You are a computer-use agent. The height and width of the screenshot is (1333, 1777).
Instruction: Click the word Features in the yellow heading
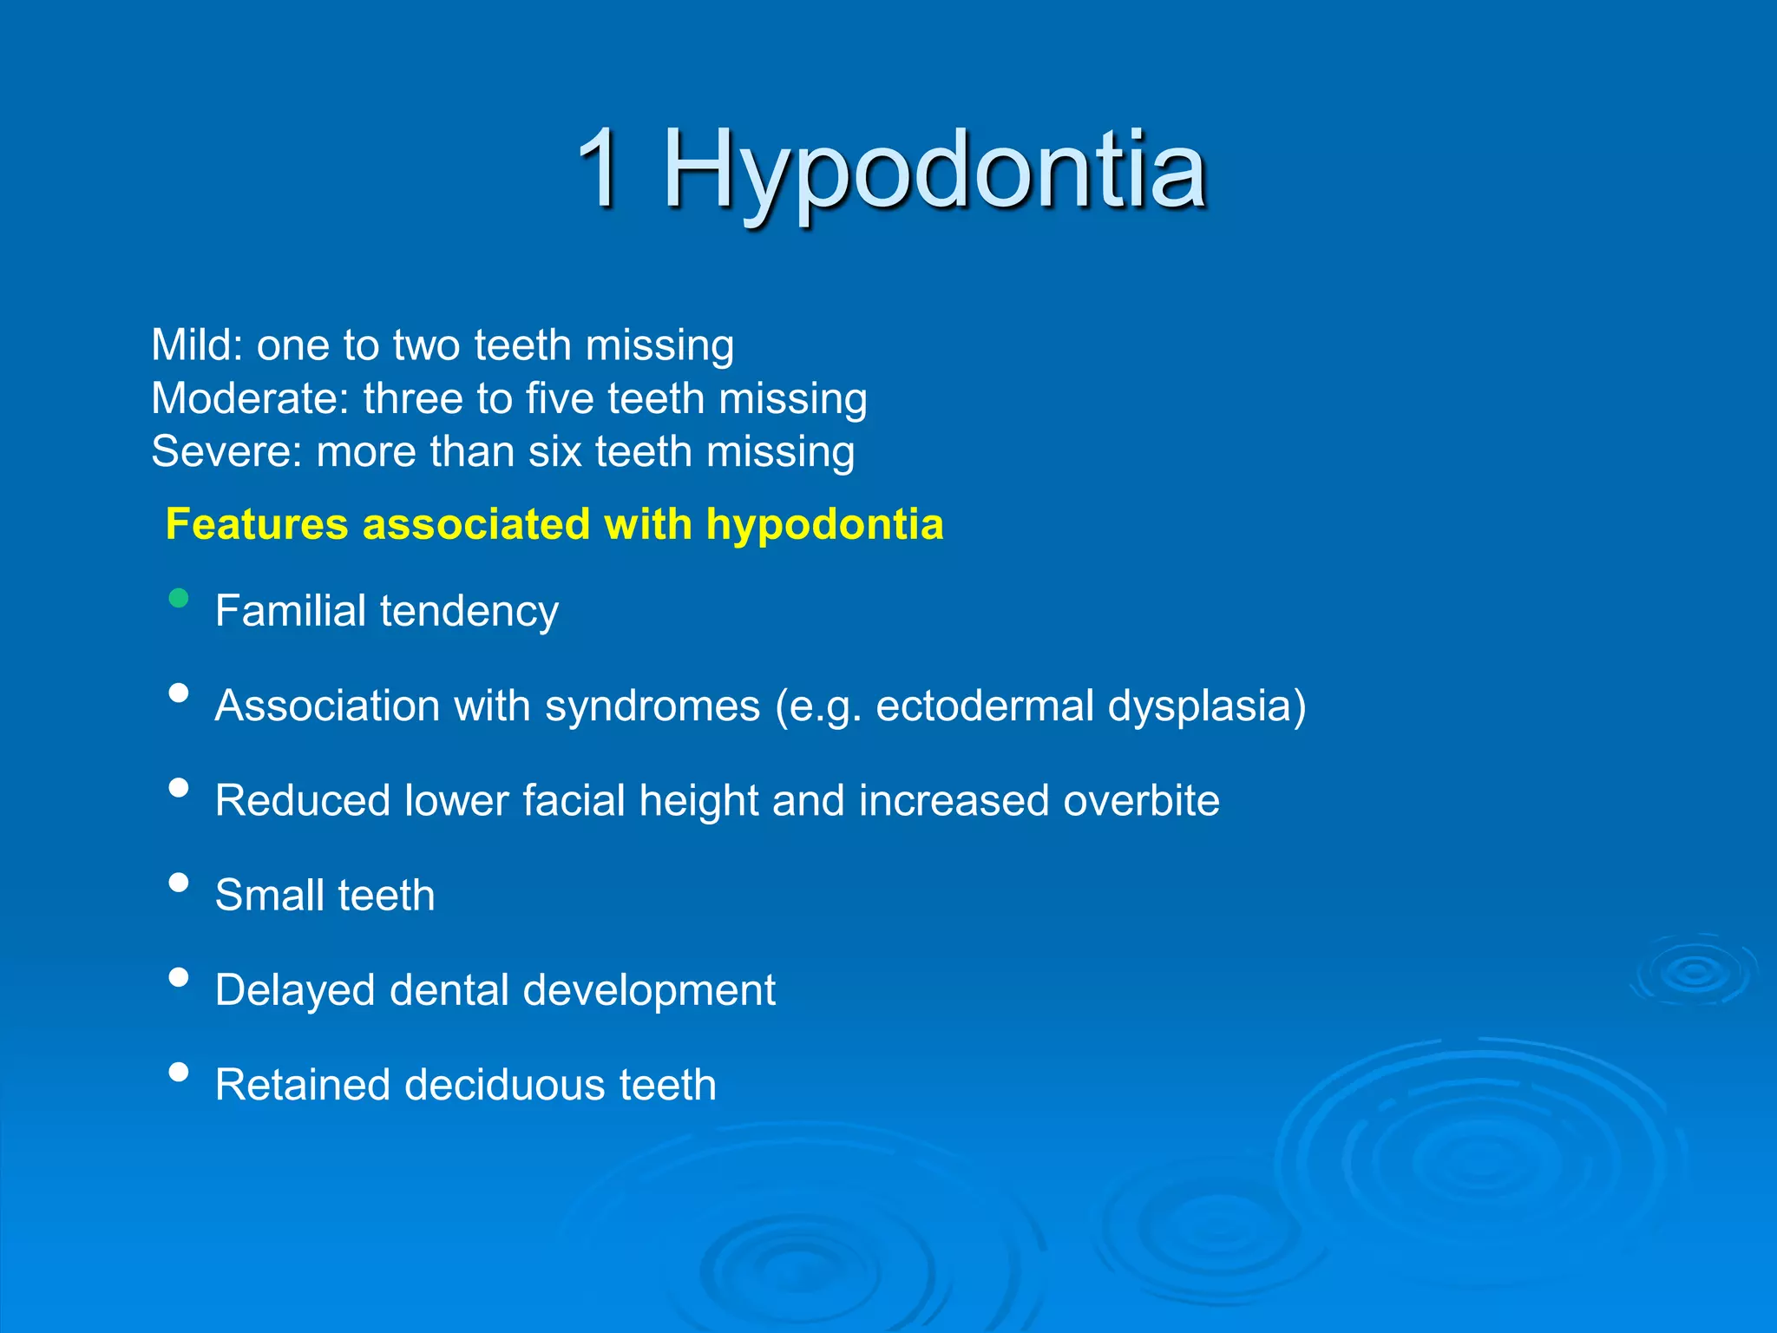(257, 524)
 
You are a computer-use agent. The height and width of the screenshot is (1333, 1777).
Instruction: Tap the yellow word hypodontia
(824, 526)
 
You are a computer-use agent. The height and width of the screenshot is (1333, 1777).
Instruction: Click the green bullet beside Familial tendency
(179, 598)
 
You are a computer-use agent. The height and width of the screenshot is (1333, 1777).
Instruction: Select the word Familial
(291, 610)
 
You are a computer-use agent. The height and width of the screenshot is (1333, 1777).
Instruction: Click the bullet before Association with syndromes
(179, 693)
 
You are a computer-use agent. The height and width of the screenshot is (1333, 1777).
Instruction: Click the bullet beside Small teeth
(179, 883)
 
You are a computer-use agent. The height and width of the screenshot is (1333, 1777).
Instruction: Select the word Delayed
(295, 991)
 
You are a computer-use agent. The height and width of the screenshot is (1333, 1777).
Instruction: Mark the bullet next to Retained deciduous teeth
(179, 1072)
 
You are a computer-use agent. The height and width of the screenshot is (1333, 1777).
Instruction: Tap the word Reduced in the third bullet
(302, 800)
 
